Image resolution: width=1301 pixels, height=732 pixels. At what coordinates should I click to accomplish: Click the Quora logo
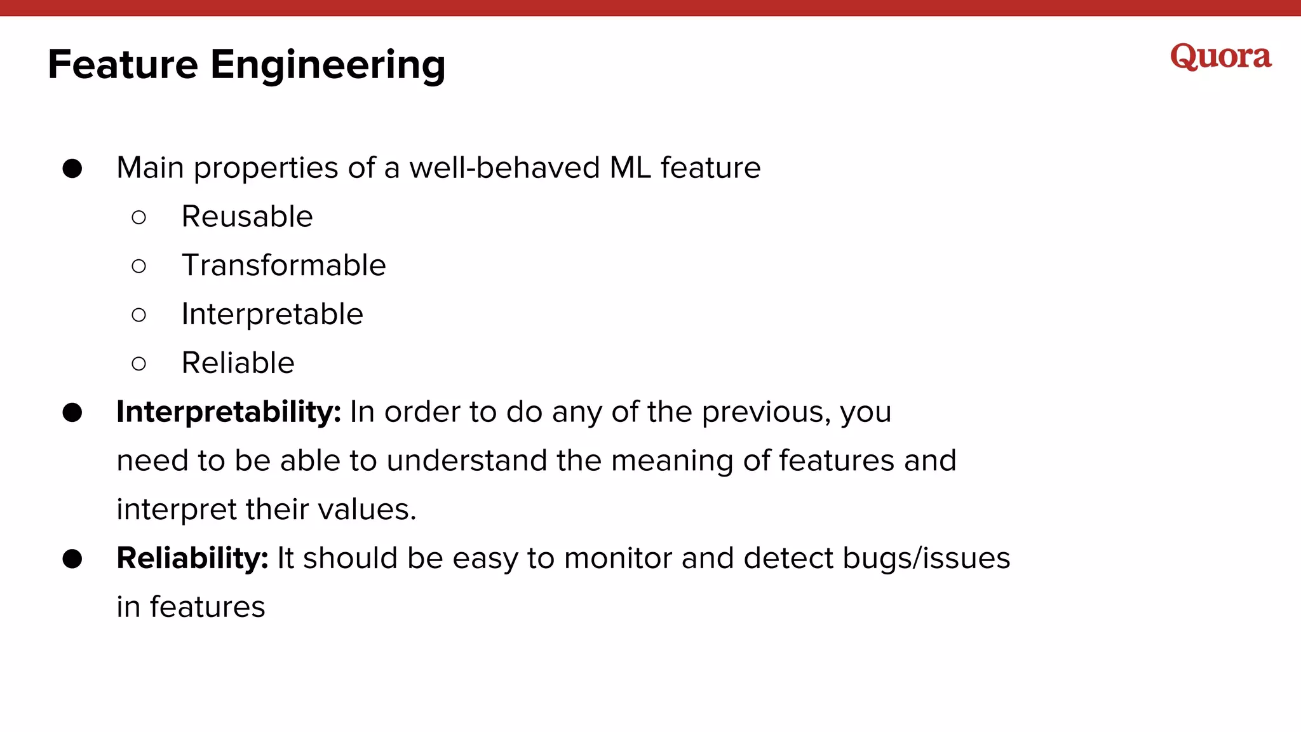[x=1220, y=57]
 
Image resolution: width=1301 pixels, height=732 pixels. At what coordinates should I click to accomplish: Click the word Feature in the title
[x=123, y=65]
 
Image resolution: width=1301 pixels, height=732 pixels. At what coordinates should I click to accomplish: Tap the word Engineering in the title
[x=328, y=66]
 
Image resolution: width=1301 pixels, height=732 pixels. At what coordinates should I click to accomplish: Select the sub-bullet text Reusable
[x=247, y=217]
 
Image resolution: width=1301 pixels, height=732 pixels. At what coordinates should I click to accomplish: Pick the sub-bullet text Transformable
[x=283, y=266]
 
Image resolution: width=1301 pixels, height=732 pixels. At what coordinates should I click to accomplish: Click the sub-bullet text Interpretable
[x=272, y=315]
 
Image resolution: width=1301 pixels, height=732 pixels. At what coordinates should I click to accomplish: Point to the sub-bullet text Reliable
[x=238, y=363]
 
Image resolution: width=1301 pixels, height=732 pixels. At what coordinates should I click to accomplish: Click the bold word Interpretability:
[x=229, y=412]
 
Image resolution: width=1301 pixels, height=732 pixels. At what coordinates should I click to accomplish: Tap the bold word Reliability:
[x=192, y=559]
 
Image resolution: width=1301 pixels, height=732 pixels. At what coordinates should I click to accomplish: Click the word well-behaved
[x=504, y=168]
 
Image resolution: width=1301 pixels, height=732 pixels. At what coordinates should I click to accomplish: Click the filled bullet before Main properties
[x=72, y=169]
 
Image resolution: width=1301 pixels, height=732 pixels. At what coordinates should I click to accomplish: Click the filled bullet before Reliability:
[x=72, y=559]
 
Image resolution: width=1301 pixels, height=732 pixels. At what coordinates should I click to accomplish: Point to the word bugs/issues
[x=926, y=559]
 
